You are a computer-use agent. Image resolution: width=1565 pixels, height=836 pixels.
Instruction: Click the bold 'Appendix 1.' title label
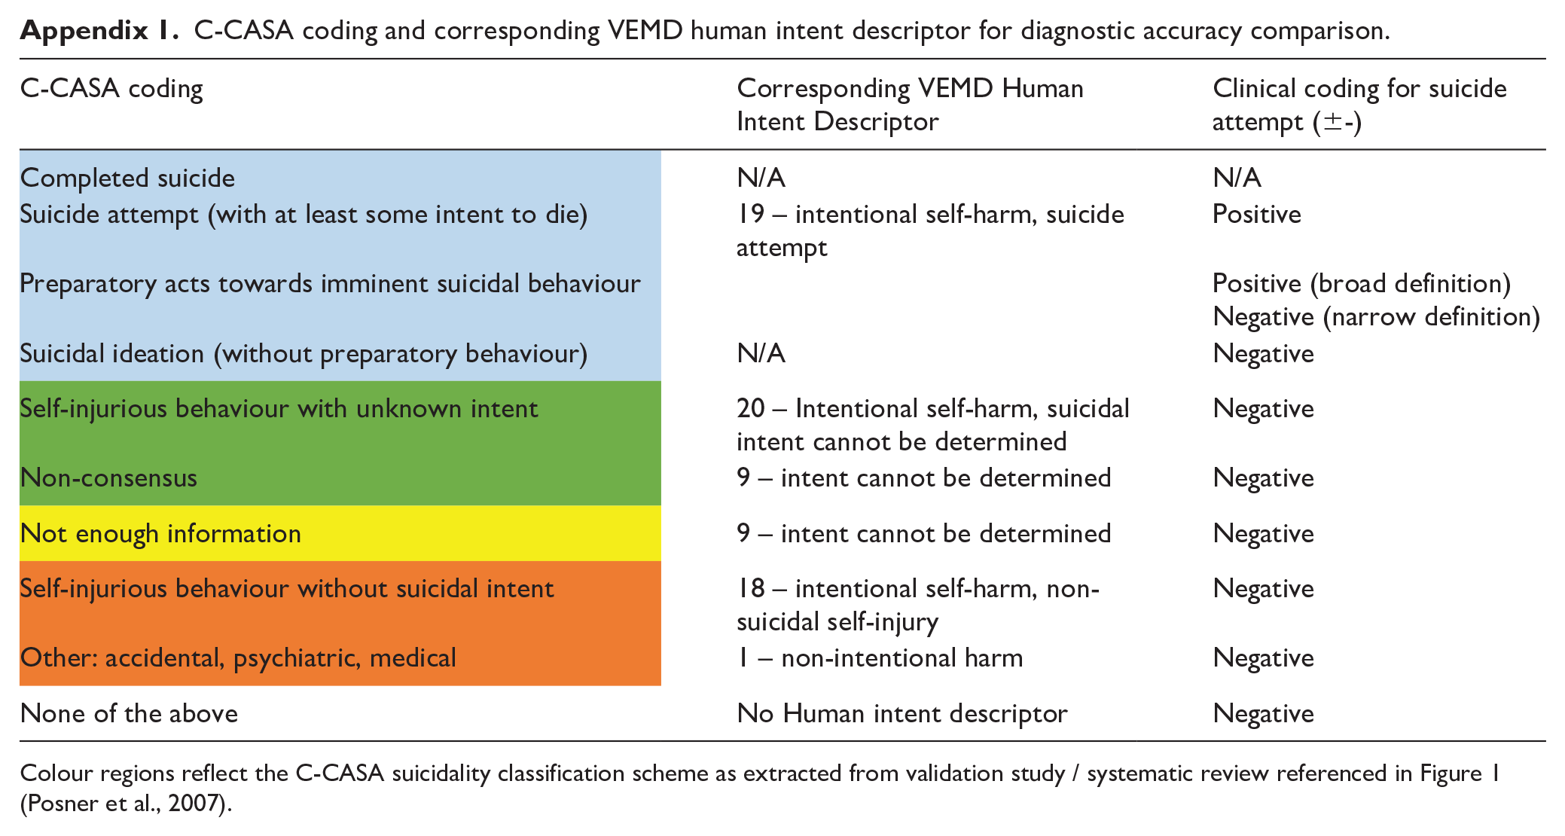[99, 31]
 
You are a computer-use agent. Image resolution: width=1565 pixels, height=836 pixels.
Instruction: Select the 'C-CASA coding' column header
[111, 89]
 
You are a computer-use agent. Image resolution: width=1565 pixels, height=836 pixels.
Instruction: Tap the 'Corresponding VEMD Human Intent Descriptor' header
[910, 105]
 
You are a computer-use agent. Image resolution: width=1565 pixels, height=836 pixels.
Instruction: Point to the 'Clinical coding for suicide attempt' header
[1359, 105]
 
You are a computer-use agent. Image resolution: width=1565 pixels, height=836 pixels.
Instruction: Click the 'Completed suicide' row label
[127, 178]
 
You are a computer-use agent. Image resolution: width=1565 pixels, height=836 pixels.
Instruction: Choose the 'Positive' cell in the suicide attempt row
[1256, 215]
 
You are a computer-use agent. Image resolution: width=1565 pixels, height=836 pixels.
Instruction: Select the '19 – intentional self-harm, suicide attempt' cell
[930, 230]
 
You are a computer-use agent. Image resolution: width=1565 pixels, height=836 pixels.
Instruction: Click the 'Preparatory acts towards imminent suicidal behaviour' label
[330, 284]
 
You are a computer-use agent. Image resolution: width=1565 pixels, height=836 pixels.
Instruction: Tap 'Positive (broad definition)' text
[1362, 284]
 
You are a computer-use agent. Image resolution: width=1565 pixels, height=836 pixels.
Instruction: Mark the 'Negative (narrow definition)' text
[1376, 317]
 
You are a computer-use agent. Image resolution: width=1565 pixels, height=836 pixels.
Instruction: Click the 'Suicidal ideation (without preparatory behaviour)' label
[304, 354]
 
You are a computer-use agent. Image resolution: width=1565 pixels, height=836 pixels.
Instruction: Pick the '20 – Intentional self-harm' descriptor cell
[933, 425]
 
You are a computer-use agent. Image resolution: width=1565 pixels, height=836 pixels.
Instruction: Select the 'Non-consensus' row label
[108, 478]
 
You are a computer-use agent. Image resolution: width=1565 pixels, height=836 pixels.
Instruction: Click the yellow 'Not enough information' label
[160, 534]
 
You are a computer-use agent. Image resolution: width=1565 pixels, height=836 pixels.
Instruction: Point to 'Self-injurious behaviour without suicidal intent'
[287, 589]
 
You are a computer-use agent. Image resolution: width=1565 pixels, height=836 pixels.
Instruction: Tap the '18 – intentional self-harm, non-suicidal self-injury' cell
[918, 605]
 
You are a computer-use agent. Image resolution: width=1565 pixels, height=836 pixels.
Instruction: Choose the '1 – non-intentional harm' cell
[880, 658]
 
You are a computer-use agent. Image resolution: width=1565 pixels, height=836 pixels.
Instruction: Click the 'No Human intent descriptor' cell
[901, 714]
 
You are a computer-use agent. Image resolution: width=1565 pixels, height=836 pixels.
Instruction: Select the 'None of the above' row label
[129, 714]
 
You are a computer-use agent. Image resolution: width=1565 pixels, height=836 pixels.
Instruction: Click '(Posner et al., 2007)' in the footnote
[126, 804]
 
